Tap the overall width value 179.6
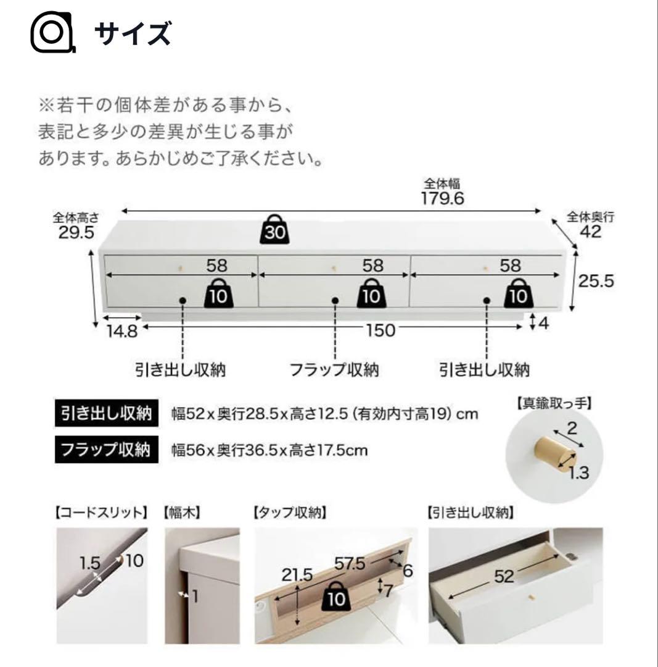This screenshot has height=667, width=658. (442, 198)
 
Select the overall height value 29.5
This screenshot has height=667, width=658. (76, 233)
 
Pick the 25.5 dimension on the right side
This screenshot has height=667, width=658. (596, 281)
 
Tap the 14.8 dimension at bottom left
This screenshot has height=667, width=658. (121, 331)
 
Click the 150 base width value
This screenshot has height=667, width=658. (380, 330)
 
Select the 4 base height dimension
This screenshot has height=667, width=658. (543, 322)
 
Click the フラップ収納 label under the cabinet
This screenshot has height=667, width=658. (334, 370)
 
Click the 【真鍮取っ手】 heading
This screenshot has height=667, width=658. (553, 405)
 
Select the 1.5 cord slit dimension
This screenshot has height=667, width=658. (90, 563)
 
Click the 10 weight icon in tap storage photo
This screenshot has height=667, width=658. (337, 597)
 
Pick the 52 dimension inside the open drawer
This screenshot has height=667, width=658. (504, 577)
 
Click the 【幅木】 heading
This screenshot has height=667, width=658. (183, 512)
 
